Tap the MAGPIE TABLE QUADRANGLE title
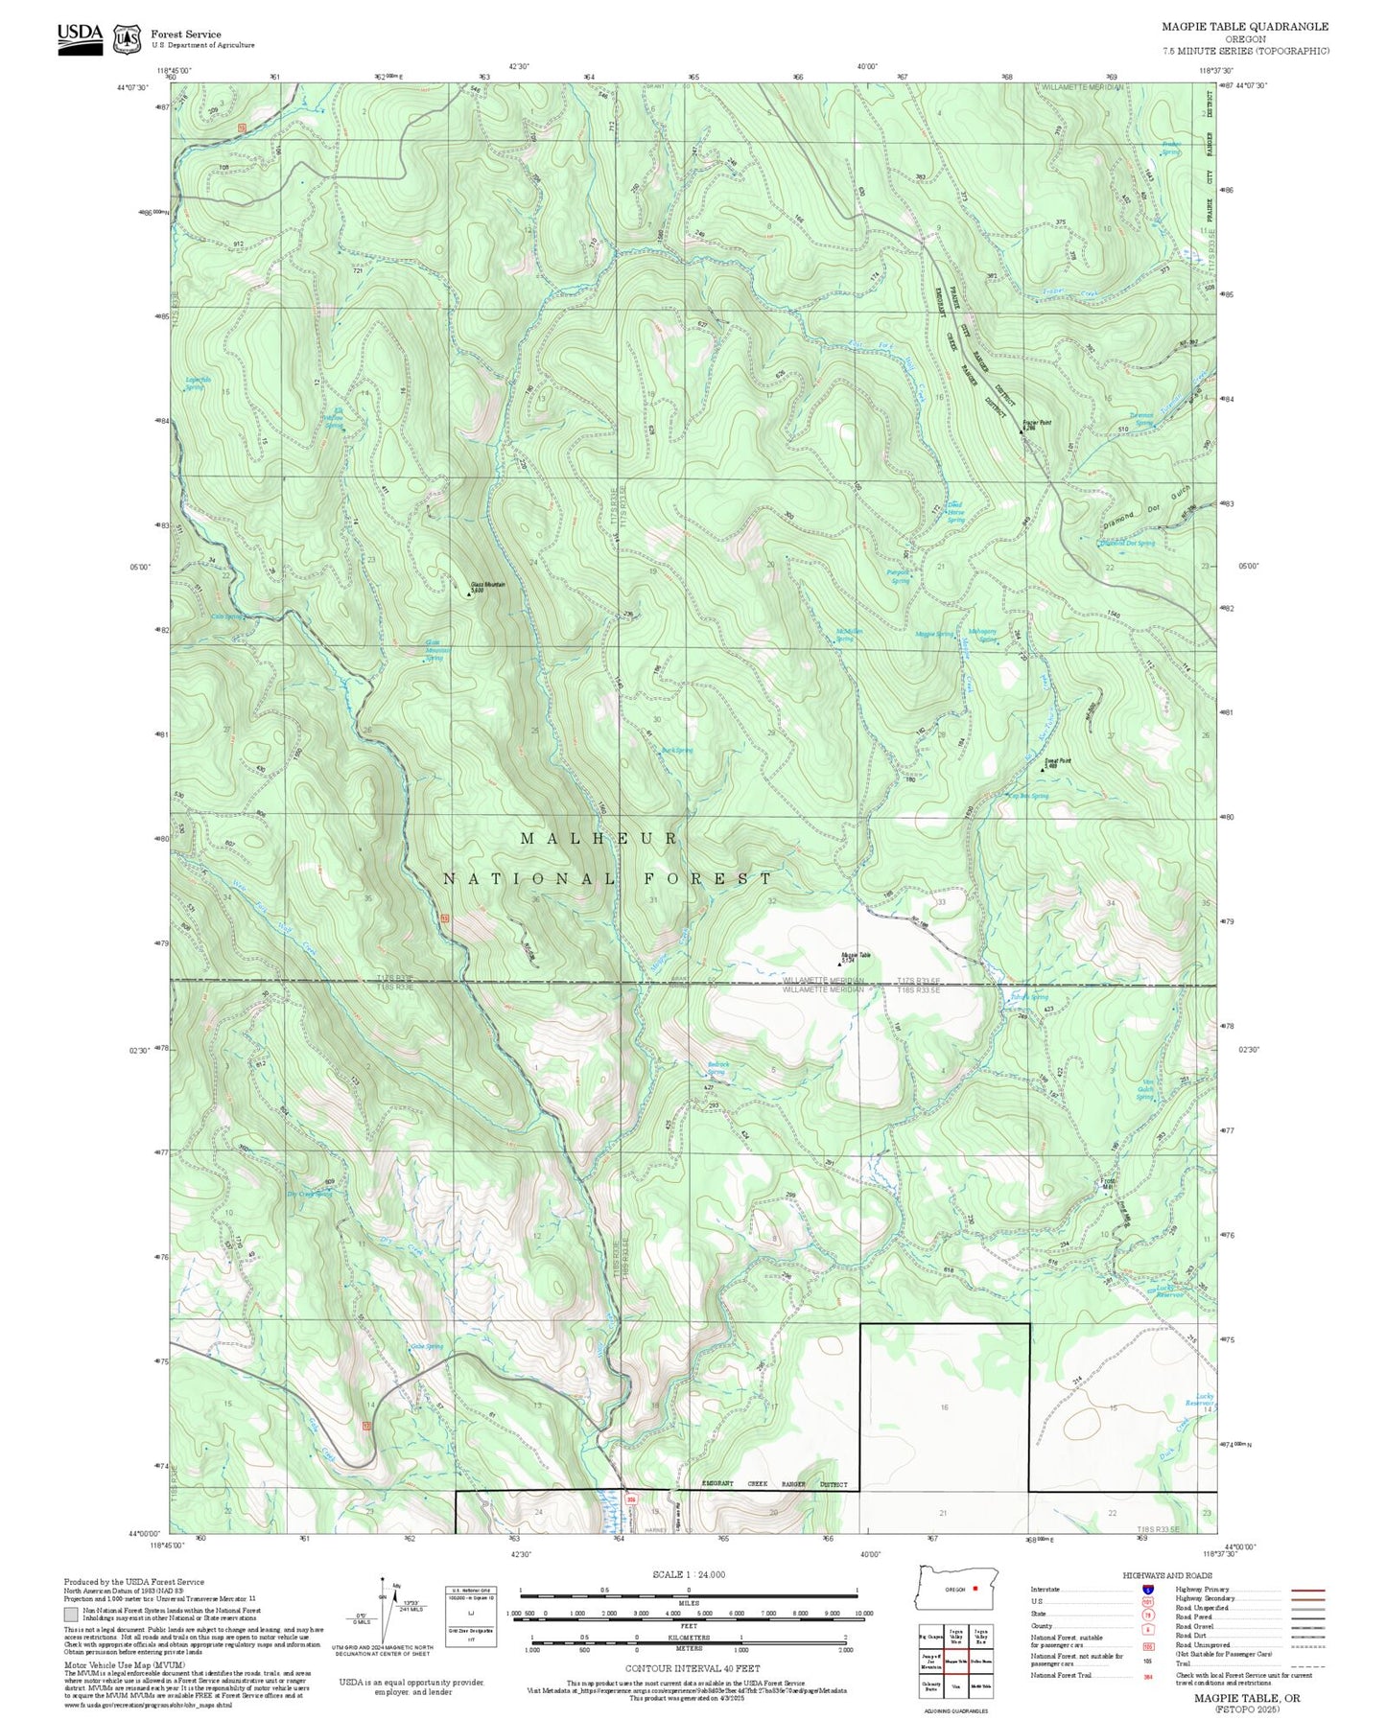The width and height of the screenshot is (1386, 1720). [x=1245, y=27]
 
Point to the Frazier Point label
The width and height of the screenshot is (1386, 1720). [x=1036, y=422]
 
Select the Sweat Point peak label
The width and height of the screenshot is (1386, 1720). [x=1058, y=762]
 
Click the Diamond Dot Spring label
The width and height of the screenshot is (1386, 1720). [x=1128, y=544]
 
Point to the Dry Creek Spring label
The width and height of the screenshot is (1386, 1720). [x=309, y=1194]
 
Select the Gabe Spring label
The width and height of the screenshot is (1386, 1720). [x=427, y=1347]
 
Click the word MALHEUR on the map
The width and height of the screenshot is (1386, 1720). [x=599, y=838]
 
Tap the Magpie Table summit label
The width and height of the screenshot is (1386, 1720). [x=856, y=956]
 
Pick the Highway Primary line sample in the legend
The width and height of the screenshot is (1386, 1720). [x=1307, y=1590]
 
